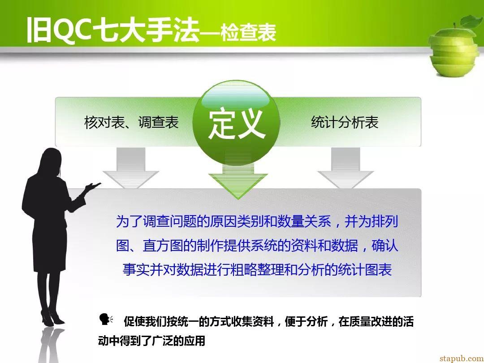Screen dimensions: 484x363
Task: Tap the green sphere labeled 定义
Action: point(236,122)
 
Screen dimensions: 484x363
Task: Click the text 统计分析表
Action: point(345,122)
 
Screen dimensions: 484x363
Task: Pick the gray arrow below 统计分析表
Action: point(346,168)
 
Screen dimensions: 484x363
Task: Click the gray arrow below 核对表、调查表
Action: point(131,168)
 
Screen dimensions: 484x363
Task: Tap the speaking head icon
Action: point(106,319)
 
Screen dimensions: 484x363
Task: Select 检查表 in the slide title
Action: point(248,32)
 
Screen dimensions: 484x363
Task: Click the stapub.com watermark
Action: point(462,358)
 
